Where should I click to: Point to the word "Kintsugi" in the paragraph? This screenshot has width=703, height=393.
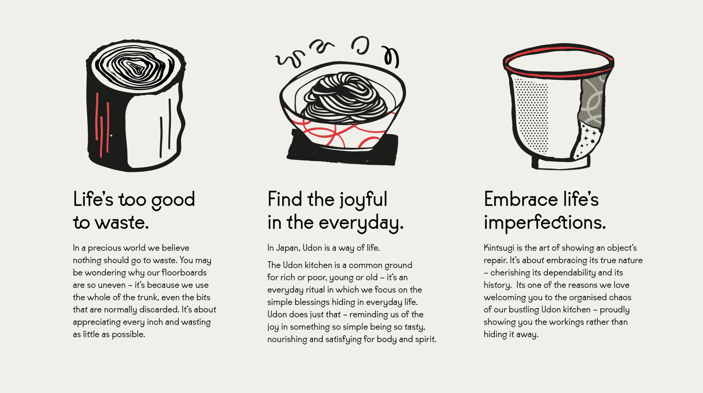point(499,248)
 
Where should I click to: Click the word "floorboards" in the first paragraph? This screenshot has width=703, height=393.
point(184,273)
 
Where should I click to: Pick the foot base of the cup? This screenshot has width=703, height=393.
point(561,163)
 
